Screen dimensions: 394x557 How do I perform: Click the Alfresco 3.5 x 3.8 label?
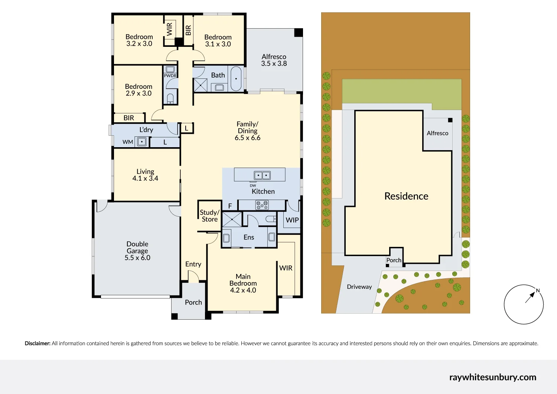274,60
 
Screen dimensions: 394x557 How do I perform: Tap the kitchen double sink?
262,175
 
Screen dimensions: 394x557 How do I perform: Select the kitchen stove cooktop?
262,205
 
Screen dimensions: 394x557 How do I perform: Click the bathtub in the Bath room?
236,79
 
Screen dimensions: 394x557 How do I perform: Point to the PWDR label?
170,76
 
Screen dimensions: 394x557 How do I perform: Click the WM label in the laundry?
128,142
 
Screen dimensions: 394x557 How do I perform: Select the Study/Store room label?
210,216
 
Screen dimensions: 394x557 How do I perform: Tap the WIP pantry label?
292,220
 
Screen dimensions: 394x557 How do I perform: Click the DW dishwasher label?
253,185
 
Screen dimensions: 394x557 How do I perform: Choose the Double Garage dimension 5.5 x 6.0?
137,258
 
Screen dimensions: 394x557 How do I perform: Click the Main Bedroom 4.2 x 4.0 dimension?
243,290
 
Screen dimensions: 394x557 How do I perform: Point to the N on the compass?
538,291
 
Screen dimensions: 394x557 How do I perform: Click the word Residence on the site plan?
406,196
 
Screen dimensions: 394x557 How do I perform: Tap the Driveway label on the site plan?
359,287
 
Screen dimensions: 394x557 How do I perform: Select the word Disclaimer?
38,343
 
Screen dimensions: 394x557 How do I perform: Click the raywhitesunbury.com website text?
493,377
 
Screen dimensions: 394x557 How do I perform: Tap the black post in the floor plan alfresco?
299,33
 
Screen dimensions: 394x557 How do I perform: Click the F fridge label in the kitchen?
230,206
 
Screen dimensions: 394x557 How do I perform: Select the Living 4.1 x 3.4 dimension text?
145,178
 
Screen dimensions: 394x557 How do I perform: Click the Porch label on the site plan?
394,260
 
